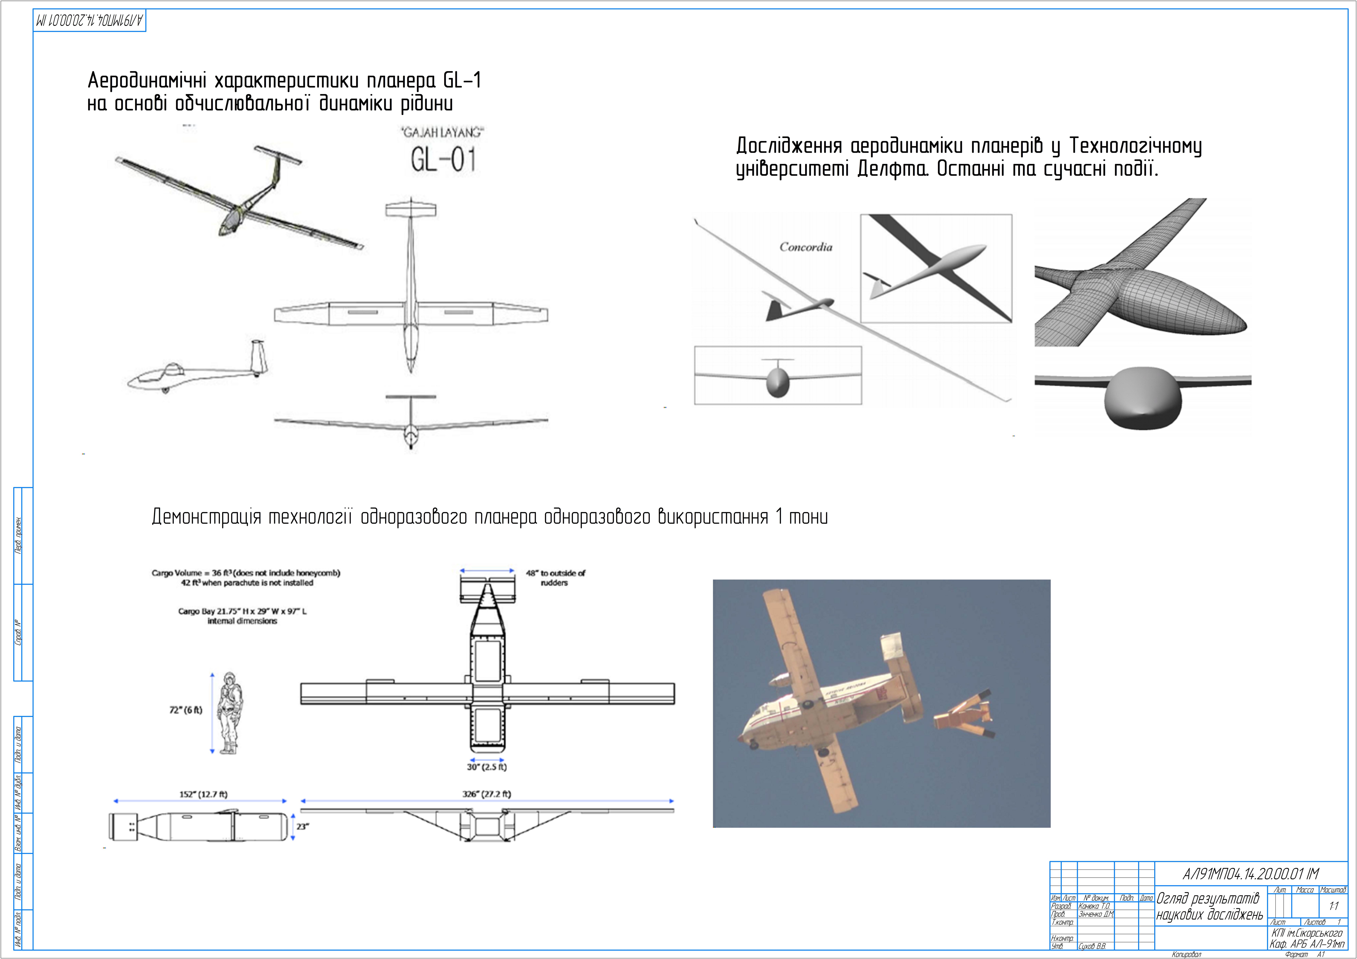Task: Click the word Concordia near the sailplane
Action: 805,247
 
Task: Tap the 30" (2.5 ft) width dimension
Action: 486,767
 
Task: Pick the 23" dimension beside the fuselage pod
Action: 302,827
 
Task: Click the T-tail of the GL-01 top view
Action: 411,210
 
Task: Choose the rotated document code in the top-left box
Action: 89,21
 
